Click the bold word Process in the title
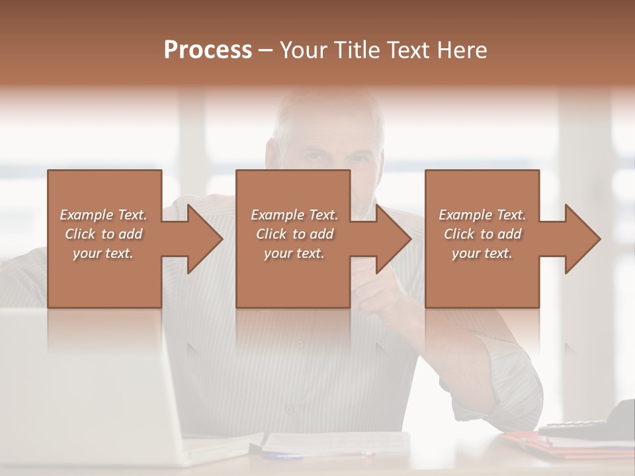(208, 50)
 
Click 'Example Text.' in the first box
(103, 215)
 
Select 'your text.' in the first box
(103, 253)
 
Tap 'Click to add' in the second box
(294, 234)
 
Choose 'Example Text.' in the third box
(482, 215)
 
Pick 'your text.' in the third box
(482, 253)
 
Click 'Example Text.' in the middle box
(294, 215)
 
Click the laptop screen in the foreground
(79, 383)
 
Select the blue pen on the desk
(284, 456)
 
